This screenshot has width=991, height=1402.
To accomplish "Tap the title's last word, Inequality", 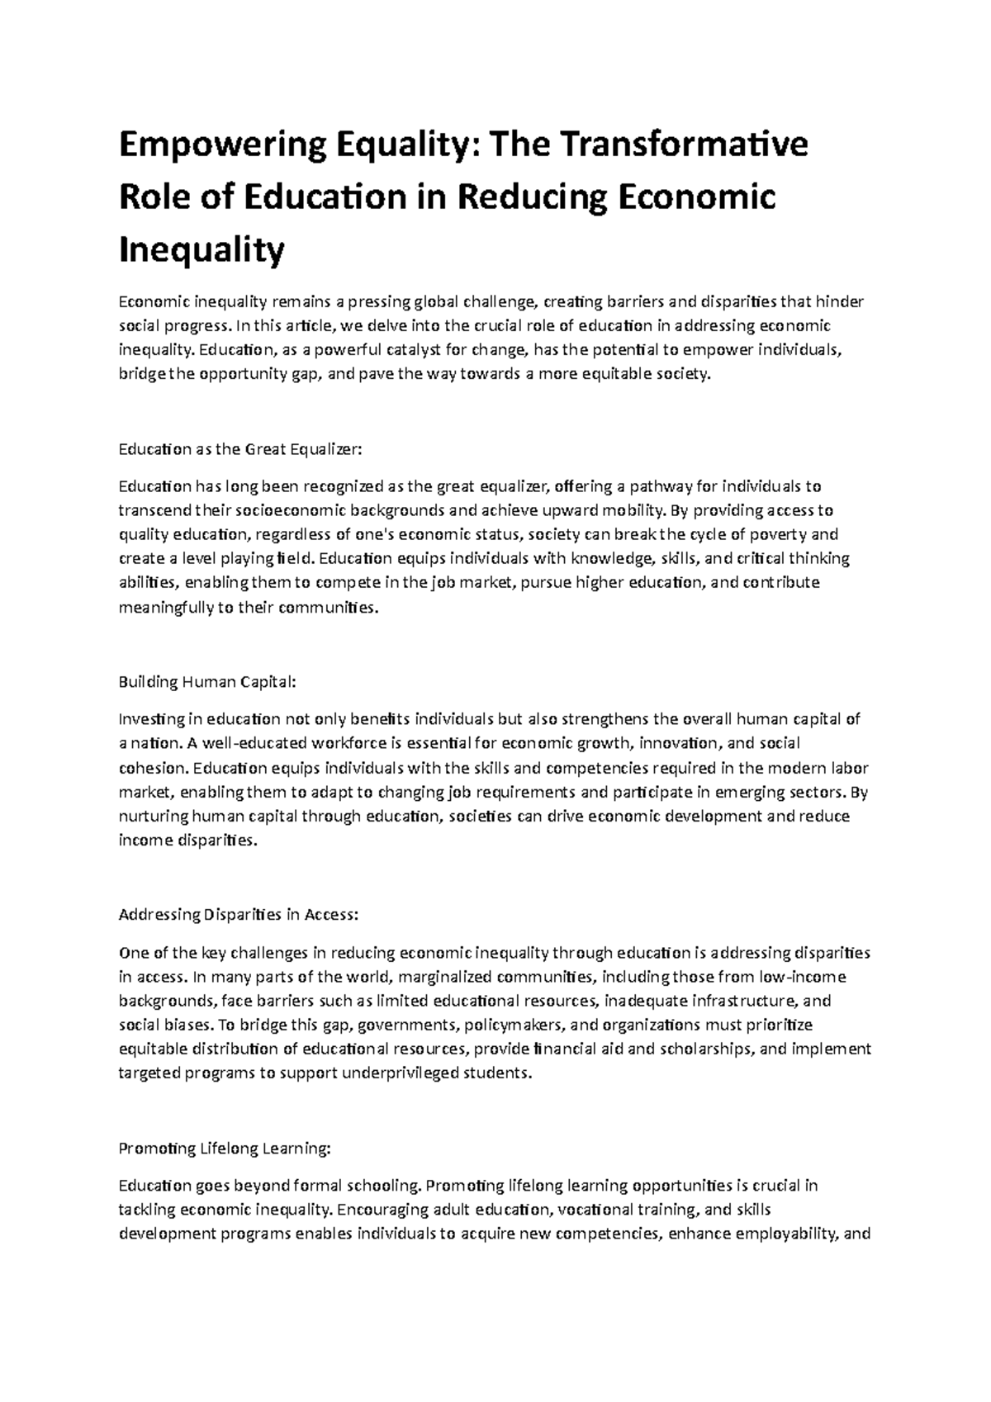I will point(202,250).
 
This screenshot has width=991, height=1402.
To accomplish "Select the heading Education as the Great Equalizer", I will point(240,450).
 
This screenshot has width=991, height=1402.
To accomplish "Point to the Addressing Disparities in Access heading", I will point(239,915).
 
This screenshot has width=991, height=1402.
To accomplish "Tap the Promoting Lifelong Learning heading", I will point(225,1149).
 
